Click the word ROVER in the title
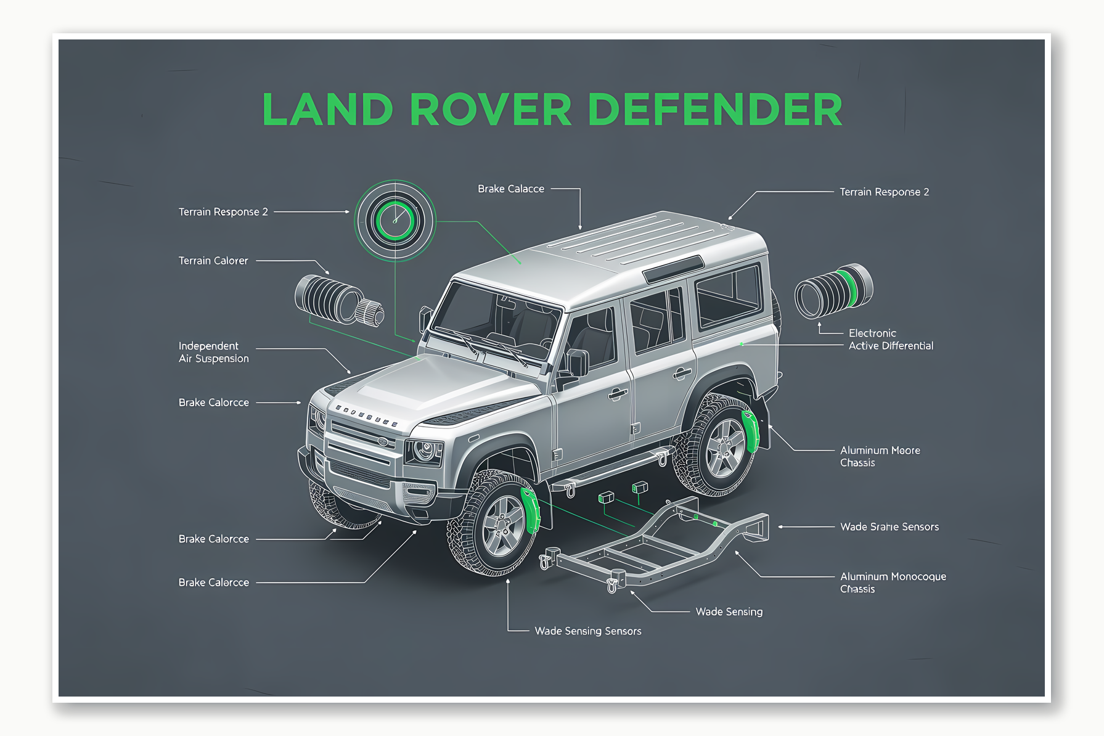490,110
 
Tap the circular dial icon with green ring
395,220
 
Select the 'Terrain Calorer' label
213,261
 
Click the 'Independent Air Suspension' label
214,352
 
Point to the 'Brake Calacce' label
511,189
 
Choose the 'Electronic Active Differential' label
891,340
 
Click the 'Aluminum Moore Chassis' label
880,457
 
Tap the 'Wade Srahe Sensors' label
889,527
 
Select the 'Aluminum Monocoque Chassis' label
893,583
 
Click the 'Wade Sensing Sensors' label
587,631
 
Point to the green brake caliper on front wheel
530,509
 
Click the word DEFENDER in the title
715,110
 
